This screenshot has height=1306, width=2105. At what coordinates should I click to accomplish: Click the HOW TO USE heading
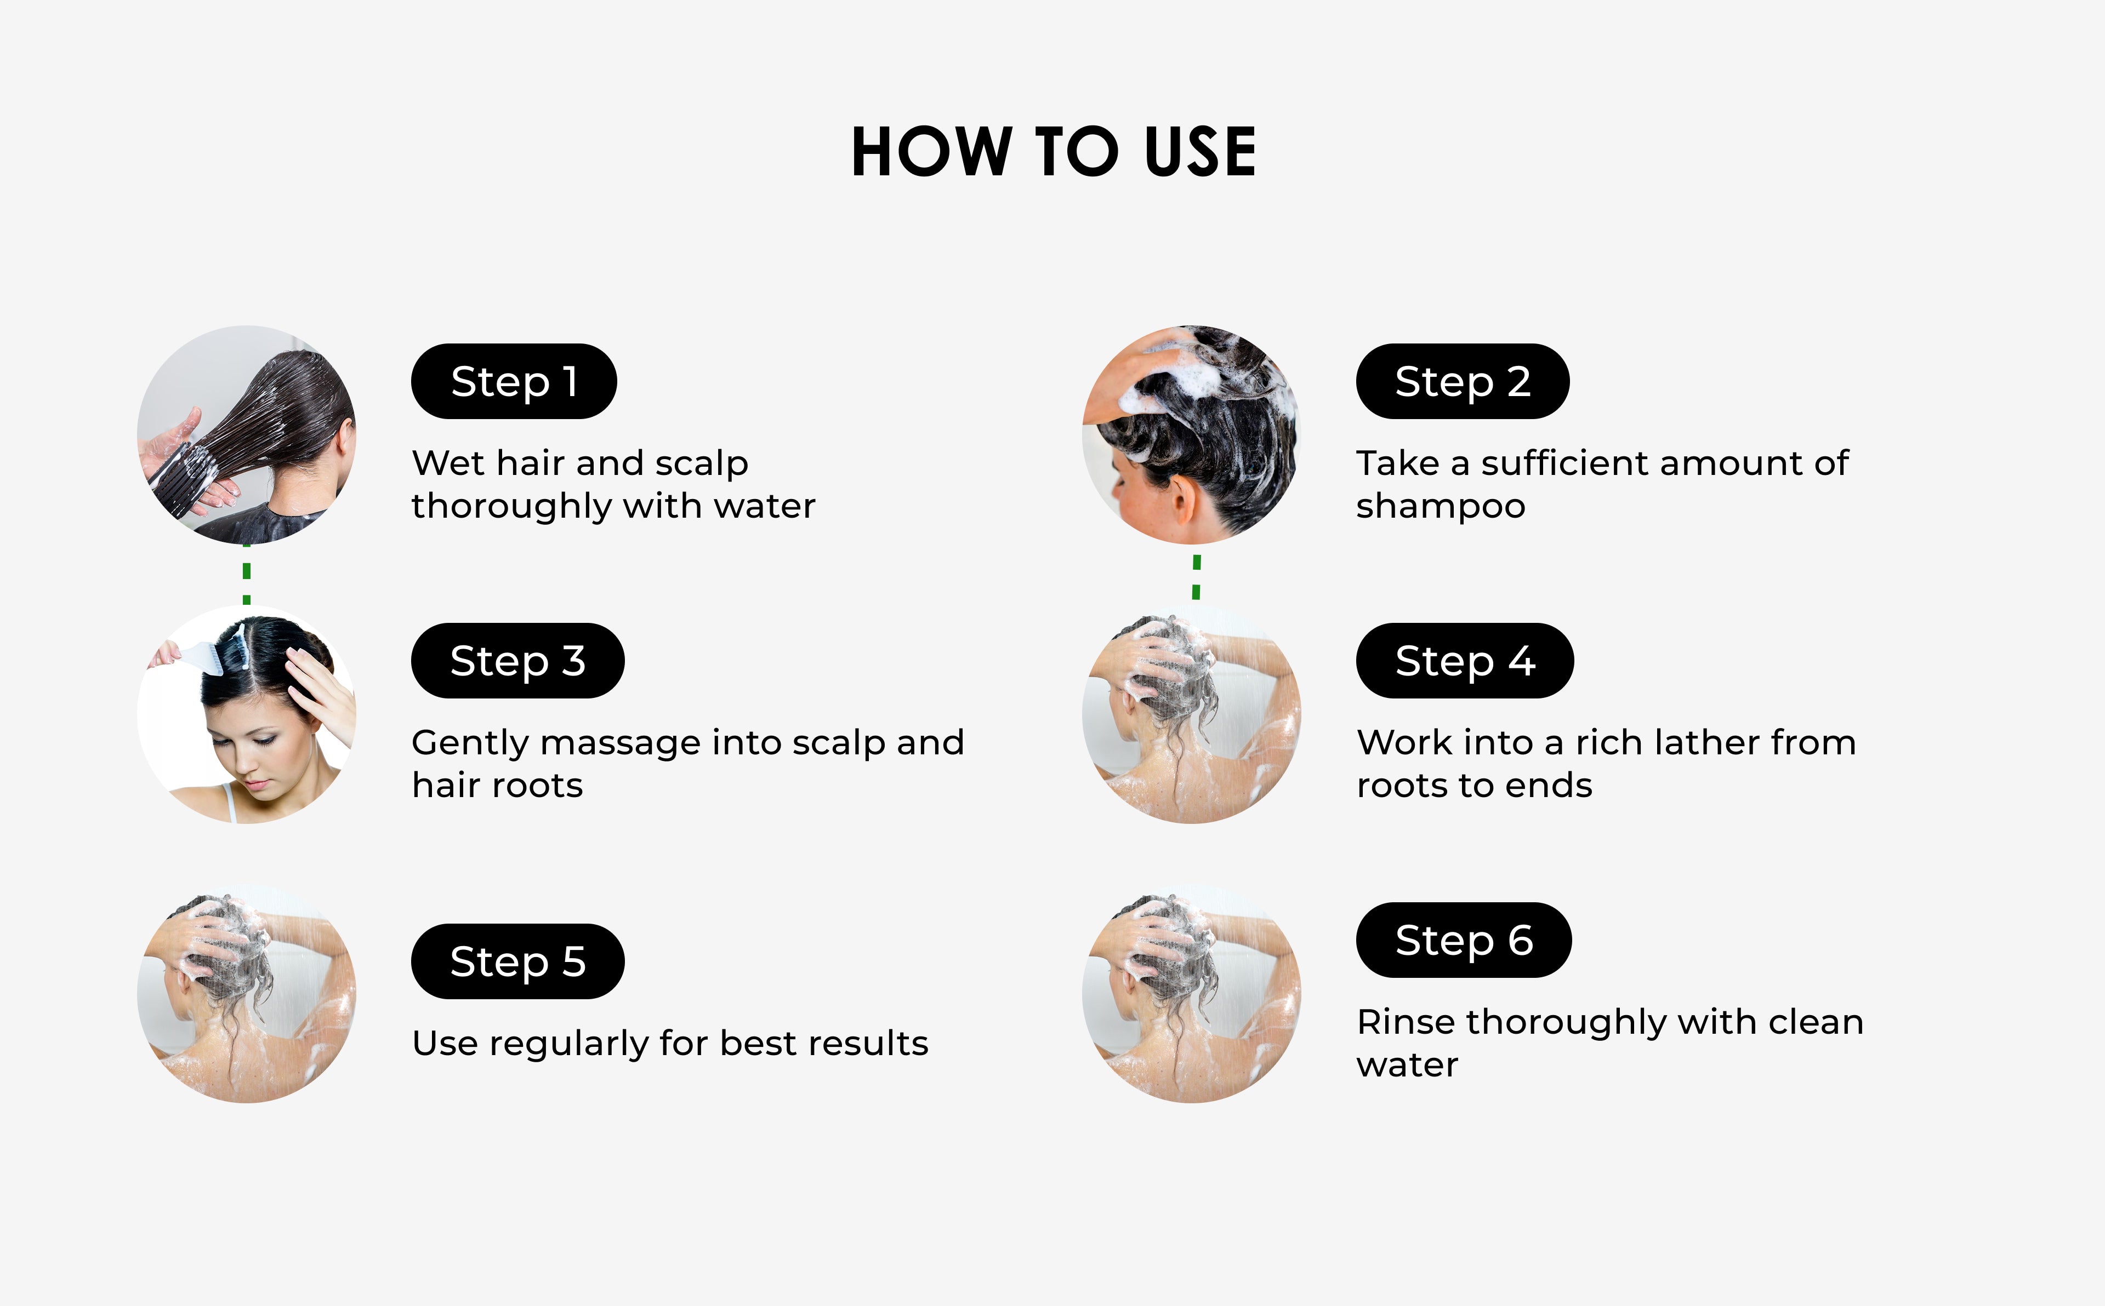point(1054,152)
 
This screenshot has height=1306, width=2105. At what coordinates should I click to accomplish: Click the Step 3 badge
point(517,661)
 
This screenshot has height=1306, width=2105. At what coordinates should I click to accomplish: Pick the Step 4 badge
point(1465,661)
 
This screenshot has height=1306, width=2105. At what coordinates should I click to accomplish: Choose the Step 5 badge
point(517,961)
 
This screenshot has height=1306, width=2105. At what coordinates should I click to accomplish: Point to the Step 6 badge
point(1464,940)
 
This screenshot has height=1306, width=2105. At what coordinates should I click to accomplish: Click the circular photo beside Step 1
point(246,434)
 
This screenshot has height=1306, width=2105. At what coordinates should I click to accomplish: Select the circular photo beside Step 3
point(246,714)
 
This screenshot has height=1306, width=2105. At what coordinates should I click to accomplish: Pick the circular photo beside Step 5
point(246,993)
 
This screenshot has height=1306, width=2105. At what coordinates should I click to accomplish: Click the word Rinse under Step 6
point(1406,1022)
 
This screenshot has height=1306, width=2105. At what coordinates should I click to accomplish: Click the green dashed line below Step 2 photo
point(1196,577)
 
